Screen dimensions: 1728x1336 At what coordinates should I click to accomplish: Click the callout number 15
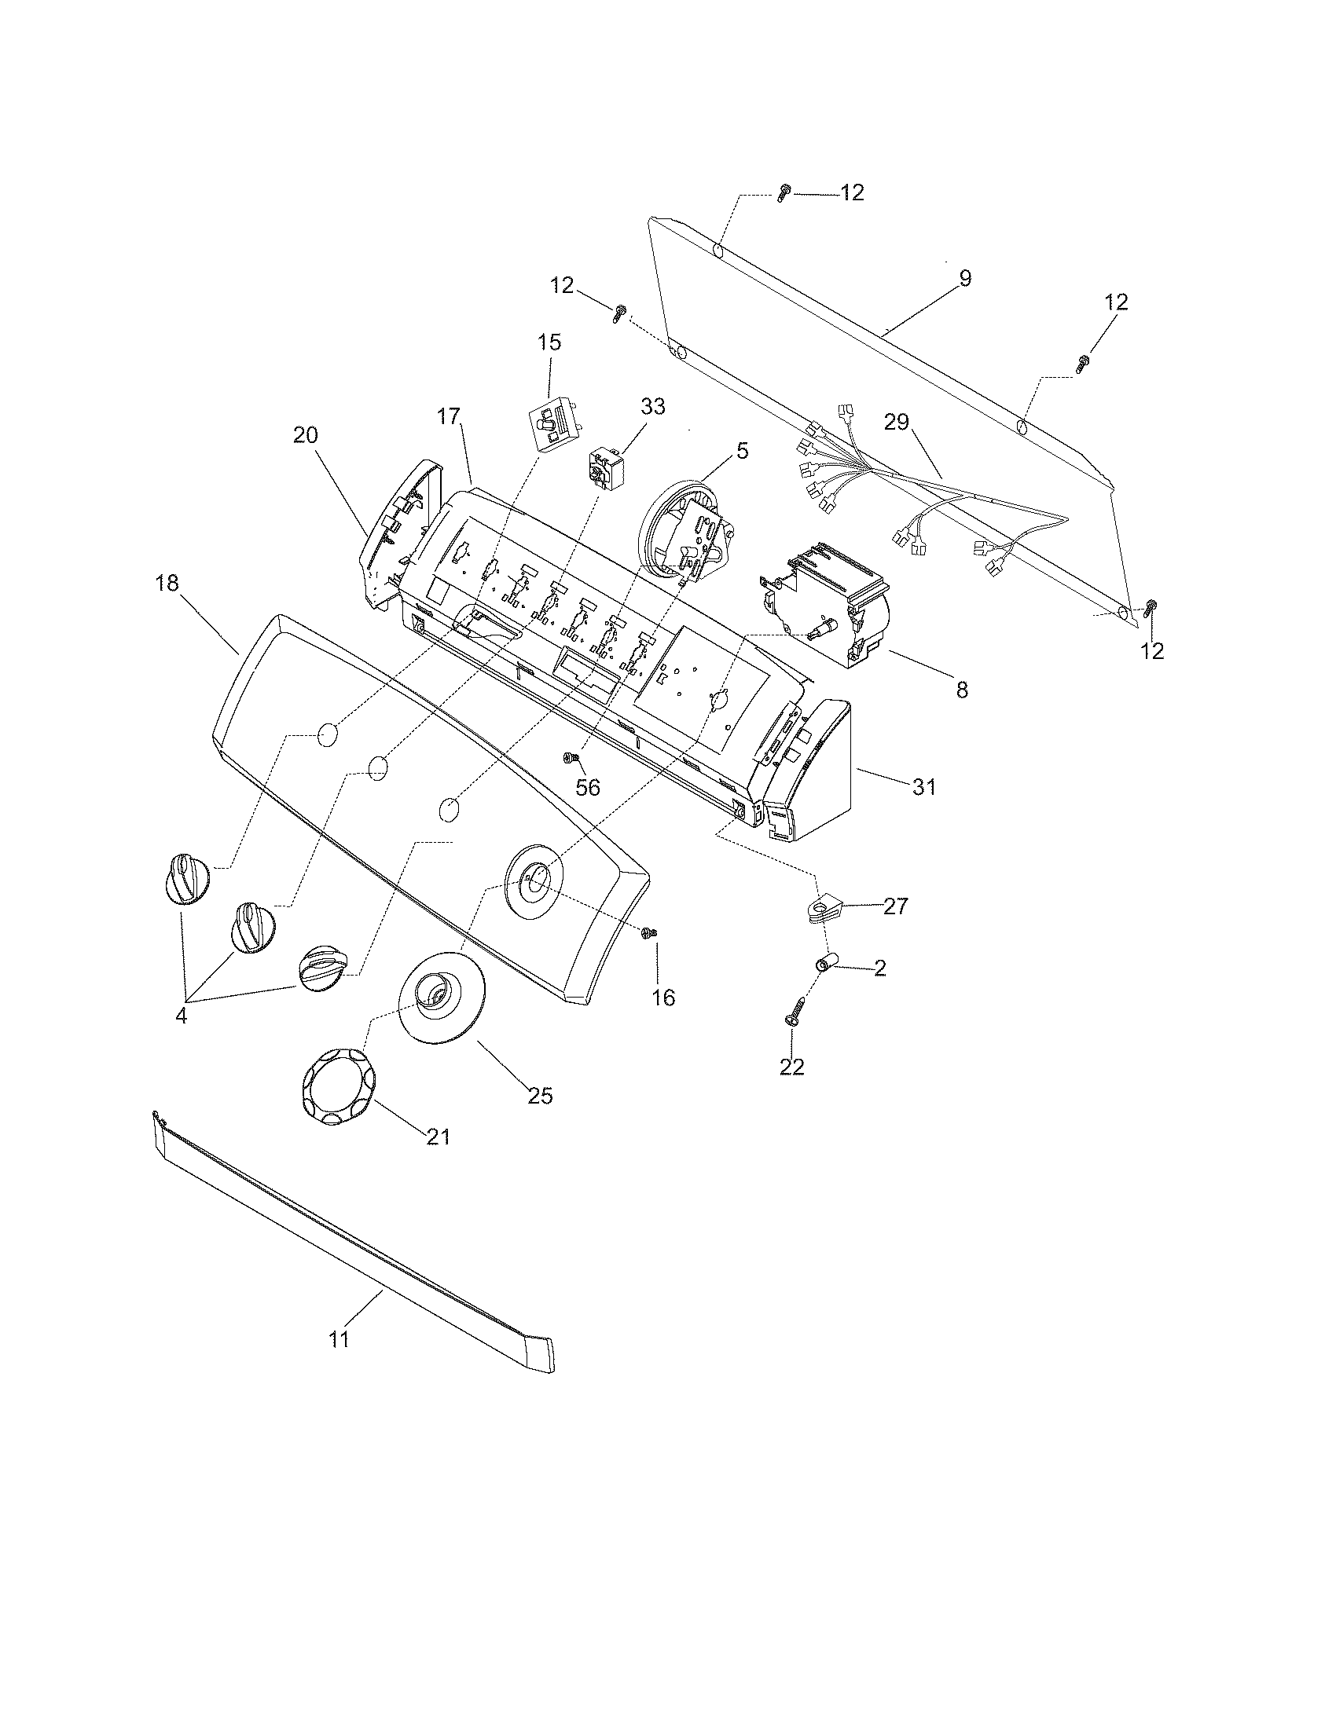coord(549,342)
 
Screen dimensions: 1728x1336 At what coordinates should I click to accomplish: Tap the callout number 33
coord(653,407)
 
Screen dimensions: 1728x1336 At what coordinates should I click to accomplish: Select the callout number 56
coord(588,787)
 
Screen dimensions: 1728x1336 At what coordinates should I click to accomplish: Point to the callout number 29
coord(897,423)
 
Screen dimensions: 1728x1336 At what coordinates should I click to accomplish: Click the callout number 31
coord(924,786)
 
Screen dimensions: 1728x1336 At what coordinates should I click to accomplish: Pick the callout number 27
coord(896,906)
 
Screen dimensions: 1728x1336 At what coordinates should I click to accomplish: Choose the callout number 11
coord(340,1339)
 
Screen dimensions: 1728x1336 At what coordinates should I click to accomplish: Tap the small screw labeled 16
coord(648,933)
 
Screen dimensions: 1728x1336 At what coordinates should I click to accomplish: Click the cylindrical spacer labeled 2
coord(826,965)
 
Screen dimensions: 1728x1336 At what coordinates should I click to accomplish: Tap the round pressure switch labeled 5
coord(682,530)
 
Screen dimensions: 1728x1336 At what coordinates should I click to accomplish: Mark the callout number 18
coord(167,583)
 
